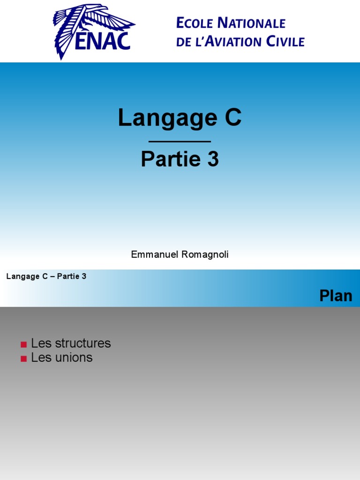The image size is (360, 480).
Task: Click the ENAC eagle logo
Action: tap(94, 31)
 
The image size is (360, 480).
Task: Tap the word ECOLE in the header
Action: tap(195, 23)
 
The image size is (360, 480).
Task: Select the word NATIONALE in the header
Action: tap(251, 23)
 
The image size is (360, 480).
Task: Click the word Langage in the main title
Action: tap(167, 118)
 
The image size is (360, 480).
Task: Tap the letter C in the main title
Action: tap(233, 117)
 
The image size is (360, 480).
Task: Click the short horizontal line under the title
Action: tap(180, 142)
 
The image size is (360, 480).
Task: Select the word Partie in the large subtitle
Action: tap(170, 159)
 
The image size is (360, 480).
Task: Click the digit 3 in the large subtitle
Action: tap(213, 159)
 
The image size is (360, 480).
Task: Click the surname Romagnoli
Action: tap(205, 255)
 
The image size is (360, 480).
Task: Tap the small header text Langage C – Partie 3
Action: tap(46, 277)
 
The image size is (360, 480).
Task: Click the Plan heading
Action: tap(336, 296)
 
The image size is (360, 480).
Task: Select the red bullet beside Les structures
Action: tap(23, 345)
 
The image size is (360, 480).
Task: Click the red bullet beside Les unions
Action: tap(23, 359)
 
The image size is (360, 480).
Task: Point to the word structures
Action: tap(83, 343)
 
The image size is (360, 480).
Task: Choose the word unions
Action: tap(74, 358)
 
